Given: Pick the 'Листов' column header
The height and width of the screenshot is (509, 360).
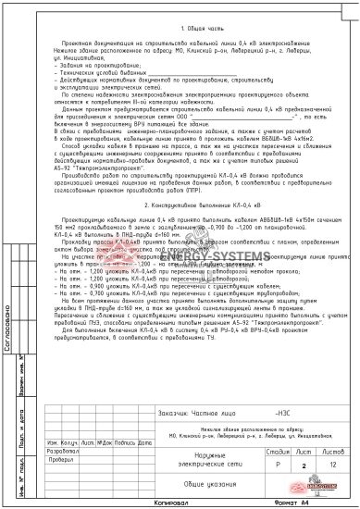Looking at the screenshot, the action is (x=329, y=449).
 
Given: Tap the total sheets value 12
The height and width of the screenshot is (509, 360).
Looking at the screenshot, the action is (x=329, y=460).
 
